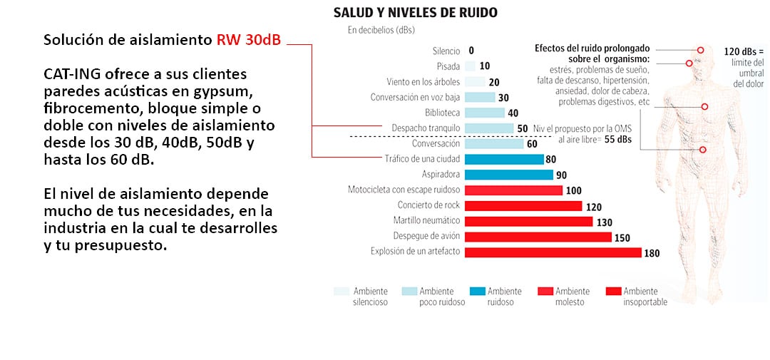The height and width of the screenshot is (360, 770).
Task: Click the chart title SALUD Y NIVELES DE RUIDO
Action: point(416,13)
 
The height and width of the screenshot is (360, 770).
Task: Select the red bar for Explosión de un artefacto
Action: point(553,252)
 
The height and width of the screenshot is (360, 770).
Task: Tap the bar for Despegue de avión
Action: point(538,237)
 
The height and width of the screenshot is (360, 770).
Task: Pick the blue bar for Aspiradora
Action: point(508,175)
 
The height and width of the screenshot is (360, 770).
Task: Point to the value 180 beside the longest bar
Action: point(652,252)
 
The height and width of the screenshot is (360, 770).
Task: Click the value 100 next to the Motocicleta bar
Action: point(574,190)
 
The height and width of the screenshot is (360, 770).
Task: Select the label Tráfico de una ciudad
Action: point(422,159)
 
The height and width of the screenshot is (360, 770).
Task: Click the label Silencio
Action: point(446,51)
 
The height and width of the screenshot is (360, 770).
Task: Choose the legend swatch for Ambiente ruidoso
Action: point(478,291)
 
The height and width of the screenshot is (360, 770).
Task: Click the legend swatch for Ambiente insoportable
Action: point(612,291)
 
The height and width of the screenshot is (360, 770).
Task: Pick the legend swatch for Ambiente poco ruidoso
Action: point(409,291)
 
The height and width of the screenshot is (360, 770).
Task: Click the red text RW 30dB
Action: point(249,40)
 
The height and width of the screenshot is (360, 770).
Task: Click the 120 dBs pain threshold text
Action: point(744,51)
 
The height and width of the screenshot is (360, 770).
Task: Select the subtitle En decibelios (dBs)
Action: point(381,30)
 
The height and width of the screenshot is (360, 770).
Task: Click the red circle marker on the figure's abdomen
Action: point(702,150)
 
